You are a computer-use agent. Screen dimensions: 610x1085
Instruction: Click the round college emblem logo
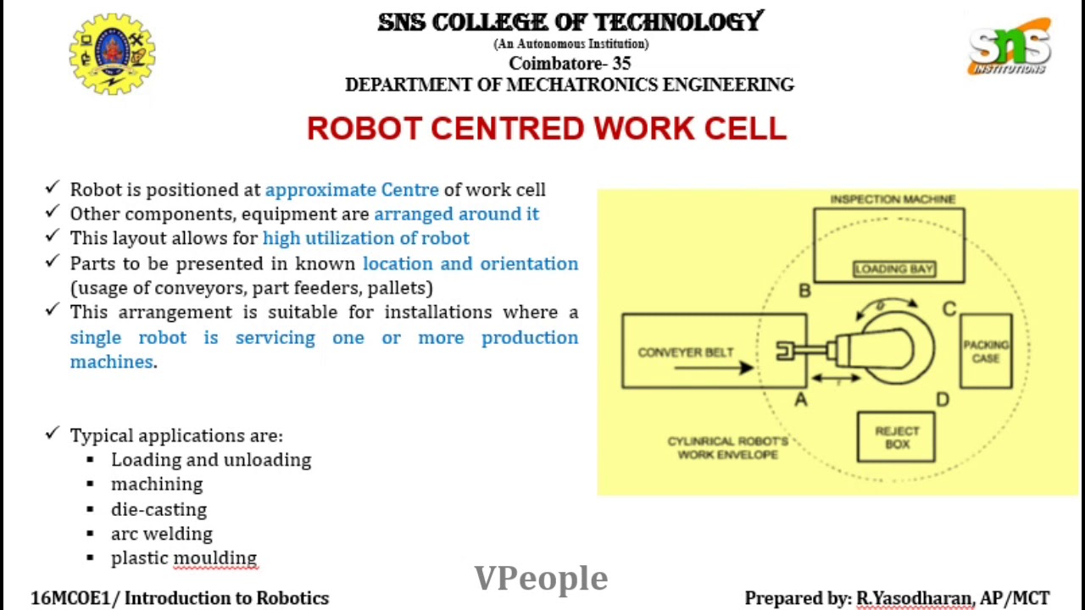pyautogui.click(x=112, y=53)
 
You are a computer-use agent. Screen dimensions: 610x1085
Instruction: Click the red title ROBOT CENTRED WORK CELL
pyautogui.click(x=547, y=129)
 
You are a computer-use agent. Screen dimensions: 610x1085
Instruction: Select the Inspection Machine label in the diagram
pyautogui.click(x=892, y=199)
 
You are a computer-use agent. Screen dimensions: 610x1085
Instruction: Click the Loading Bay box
pyautogui.click(x=893, y=269)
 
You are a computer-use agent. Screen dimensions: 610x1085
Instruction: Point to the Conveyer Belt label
pyautogui.click(x=685, y=352)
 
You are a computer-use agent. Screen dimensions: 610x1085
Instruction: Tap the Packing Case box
pyautogui.click(x=986, y=351)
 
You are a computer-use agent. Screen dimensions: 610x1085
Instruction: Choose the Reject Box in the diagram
pyautogui.click(x=896, y=437)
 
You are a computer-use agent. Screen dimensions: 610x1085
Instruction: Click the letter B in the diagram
pyautogui.click(x=804, y=291)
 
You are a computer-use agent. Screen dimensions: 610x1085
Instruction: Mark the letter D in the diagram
pyautogui.click(x=943, y=399)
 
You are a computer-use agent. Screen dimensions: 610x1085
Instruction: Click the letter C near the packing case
pyautogui.click(x=949, y=309)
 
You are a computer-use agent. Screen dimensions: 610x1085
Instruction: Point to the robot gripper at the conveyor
pyautogui.click(x=787, y=351)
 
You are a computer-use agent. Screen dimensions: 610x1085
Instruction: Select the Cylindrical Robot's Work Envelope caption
pyautogui.click(x=727, y=447)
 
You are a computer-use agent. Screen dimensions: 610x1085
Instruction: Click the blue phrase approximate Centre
pyautogui.click(x=352, y=190)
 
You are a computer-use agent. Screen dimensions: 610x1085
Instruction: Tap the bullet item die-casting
pyautogui.click(x=159, y=509)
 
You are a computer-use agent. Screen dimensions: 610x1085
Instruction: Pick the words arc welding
pyautogui.click(x=161, y=534)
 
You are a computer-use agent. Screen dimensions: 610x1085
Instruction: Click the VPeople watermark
pyautogui.click(x=541, y=578)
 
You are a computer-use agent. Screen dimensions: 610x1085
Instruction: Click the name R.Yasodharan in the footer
pyautogui.click(x=914, y=598)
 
